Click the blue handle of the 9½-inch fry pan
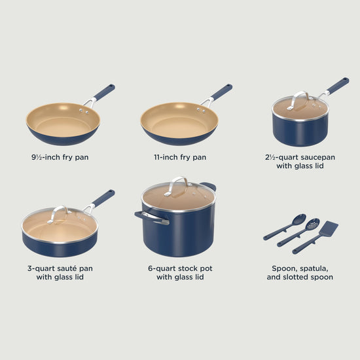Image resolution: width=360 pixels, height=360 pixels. click(104, 92)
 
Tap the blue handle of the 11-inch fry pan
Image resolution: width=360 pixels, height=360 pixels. click(221, 92)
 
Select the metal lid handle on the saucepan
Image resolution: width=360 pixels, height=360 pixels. click(298, 100)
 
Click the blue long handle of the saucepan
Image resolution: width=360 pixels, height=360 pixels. click(338, 85)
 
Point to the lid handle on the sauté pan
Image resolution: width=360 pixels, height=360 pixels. click(58, 214)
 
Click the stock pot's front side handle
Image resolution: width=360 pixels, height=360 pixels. click(152, 218)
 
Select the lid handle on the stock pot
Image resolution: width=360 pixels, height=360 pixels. click(176, 186)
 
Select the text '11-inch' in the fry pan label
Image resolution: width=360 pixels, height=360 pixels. click(166, 157)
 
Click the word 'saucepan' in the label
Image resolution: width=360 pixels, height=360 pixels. click(317, 158)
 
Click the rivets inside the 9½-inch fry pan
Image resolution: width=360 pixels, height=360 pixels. click(84, 111)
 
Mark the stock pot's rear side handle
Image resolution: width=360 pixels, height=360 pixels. click(209, 186)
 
